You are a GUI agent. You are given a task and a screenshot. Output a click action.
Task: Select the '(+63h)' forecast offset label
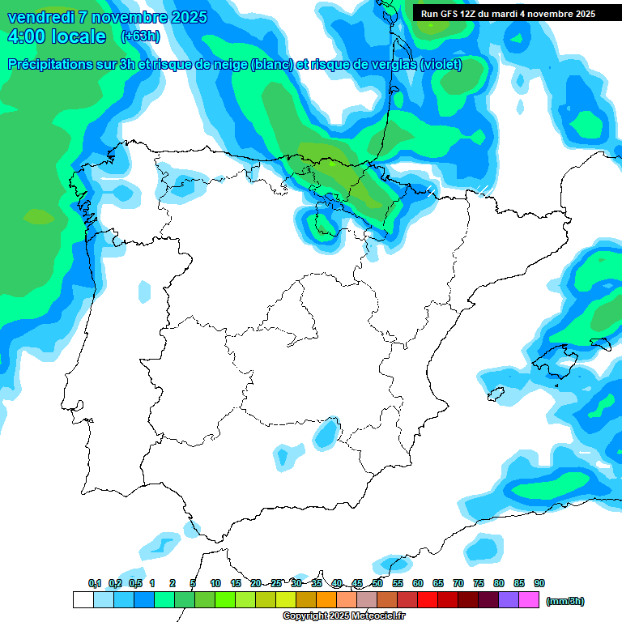pos(140,36)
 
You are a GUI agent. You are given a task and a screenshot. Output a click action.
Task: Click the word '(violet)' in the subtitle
pos(441,65)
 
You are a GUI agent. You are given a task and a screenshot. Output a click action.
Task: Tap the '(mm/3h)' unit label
pos(564,601)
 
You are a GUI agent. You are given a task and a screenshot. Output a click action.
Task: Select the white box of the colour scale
pos(83,600)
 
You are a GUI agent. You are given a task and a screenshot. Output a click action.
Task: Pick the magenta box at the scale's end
pos(529,600)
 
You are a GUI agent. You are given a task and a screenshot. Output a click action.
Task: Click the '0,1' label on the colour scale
pos(95,583)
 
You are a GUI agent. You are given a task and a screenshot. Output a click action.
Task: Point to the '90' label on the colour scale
pos(539,583)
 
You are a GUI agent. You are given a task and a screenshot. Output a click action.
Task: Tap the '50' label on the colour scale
pos(377,583)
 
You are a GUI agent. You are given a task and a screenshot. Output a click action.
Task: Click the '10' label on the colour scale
pos(215,583)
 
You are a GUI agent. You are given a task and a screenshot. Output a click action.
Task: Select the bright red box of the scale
pos(428,600)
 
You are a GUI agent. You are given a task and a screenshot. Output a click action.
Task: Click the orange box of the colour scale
pos(326,600)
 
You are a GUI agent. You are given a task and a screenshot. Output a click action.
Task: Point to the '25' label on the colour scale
pos(276,583)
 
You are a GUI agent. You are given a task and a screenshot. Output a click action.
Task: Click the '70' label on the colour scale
pos(458,583)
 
